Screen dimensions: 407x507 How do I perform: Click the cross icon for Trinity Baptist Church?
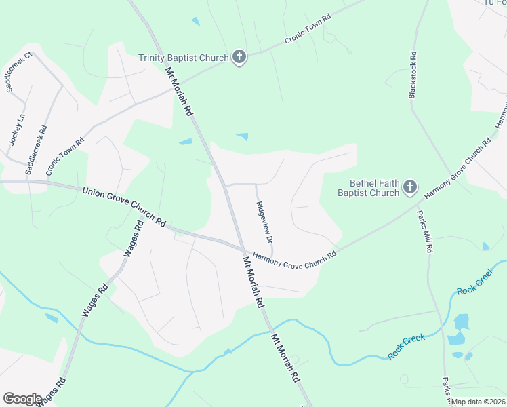coord(239,58)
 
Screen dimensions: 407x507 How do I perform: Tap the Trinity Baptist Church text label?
coord(184,58)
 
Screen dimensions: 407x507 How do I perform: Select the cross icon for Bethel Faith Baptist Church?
coord(410,187)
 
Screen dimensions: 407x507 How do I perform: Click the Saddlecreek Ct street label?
coord(20,72)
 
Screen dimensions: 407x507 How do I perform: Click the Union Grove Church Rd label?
coord(124,206)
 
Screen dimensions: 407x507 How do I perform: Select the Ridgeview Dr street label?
coord(264,222)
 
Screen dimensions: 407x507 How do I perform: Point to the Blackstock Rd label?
coord(412,75)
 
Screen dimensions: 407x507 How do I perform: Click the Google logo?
coord(22,398)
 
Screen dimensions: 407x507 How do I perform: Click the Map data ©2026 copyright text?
coord(477,402)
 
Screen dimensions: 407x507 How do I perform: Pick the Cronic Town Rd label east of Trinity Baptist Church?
coord(307,29)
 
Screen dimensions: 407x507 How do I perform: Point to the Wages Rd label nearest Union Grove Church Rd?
coord(133,239)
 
